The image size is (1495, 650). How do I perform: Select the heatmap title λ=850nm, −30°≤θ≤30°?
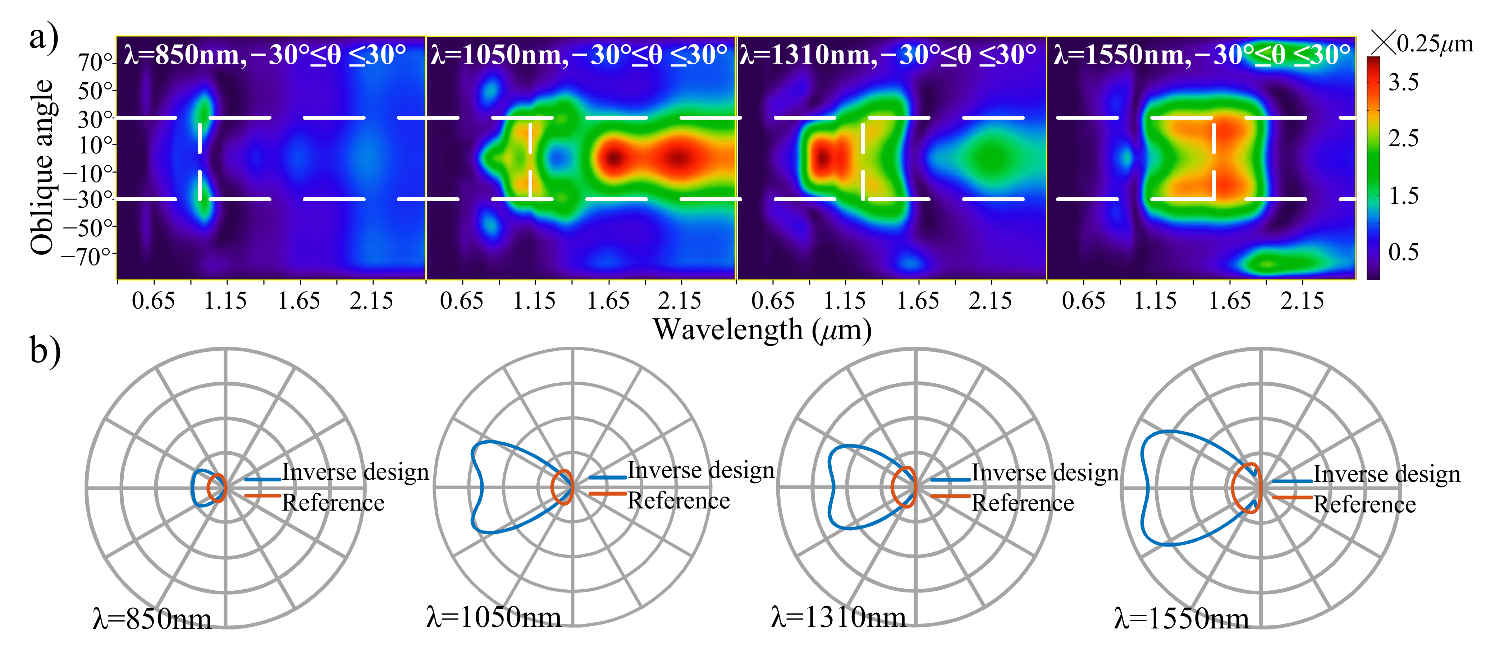coord(265,55)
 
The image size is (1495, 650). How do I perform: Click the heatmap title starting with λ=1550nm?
coord(1201,55)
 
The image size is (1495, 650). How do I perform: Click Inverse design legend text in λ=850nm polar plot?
coord(355,472)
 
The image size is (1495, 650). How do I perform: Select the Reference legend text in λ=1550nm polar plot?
coord(1364,504)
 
